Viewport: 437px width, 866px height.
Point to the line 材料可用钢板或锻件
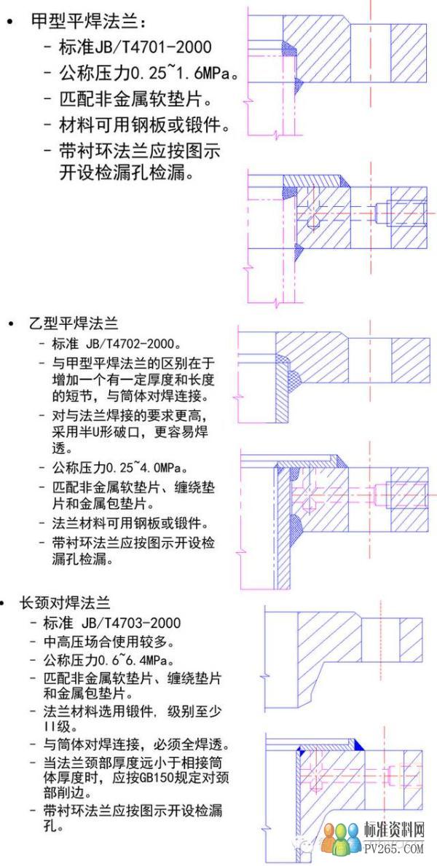(x=143, y=126)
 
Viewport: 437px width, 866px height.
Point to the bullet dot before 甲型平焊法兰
(x=9, y=23)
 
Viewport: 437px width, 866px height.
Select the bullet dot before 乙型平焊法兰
(x=11, y=323)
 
